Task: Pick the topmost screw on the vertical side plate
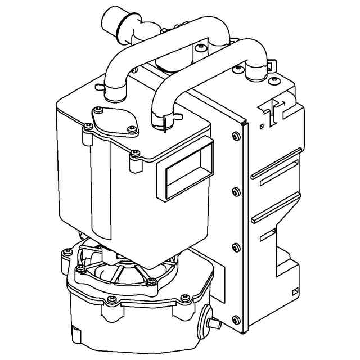235,135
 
